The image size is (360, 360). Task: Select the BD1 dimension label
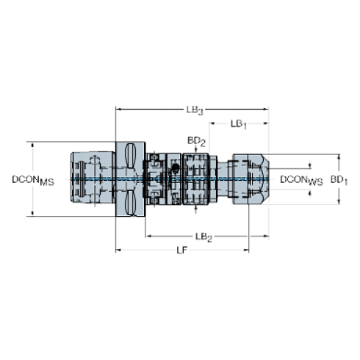[339, 179]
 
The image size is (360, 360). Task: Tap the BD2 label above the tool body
[196, 139]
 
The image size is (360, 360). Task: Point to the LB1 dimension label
[239, 124]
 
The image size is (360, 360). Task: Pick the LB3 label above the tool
[195, 110]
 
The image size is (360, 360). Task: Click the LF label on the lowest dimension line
[181, 251]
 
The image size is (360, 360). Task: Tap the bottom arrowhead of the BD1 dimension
[339, 202]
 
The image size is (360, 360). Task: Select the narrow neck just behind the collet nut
[224, 179]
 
